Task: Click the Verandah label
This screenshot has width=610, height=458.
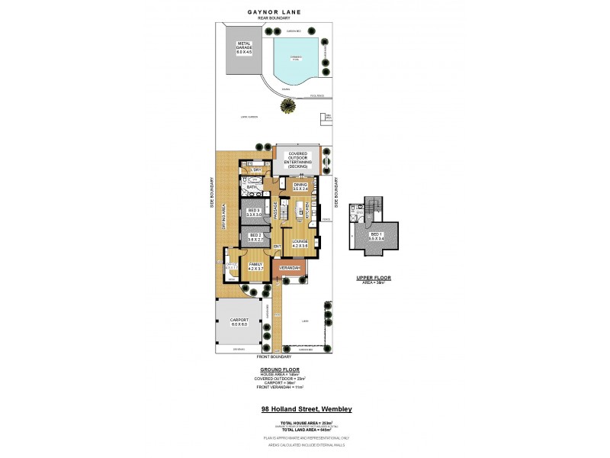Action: (288, 269)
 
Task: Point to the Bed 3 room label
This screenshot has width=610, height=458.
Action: (254, 213)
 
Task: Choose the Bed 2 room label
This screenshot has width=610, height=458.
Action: (254, 237)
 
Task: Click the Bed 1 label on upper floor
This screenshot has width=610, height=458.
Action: (374, 236)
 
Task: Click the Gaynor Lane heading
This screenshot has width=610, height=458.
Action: (274, 12)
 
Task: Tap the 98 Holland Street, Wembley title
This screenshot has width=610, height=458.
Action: (306, 409)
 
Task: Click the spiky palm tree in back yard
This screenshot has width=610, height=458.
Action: (287, 108)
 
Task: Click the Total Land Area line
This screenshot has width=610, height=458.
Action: (306, 430)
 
